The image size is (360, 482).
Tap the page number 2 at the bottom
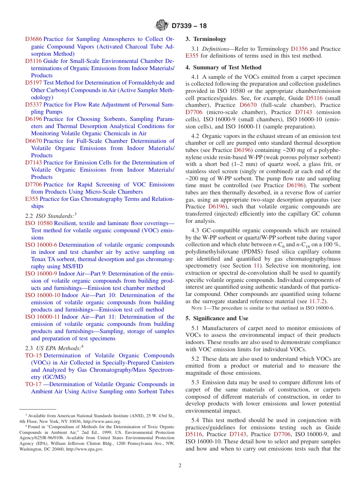click(180, 465)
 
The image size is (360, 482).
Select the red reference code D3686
click(33, 39)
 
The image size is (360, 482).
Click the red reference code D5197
click(33, 83)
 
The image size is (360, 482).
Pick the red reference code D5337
click(33, 105)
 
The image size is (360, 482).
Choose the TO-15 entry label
click(33, 355)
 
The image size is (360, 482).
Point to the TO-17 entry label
click(33, 384)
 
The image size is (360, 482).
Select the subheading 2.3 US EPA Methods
click(53, 348)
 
